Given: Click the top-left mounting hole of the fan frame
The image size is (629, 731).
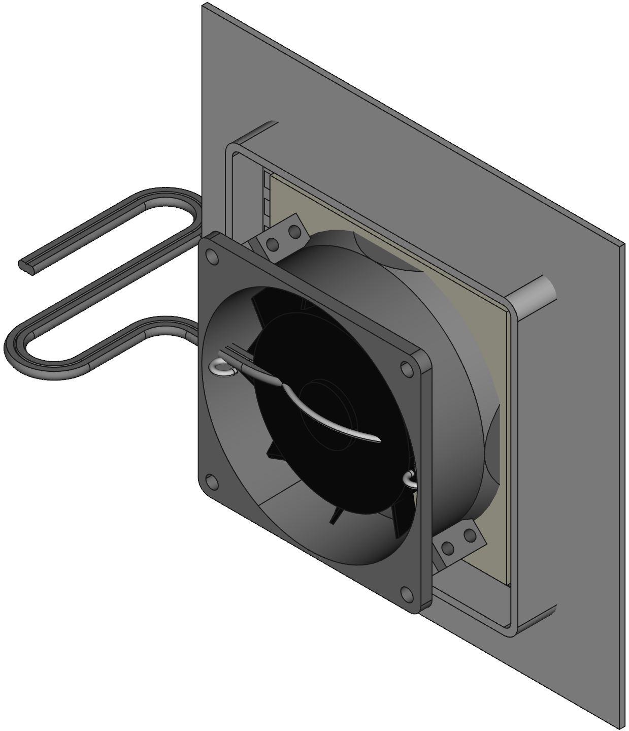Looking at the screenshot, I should [213, 257].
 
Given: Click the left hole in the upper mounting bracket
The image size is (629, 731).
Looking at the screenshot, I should [273, 245].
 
